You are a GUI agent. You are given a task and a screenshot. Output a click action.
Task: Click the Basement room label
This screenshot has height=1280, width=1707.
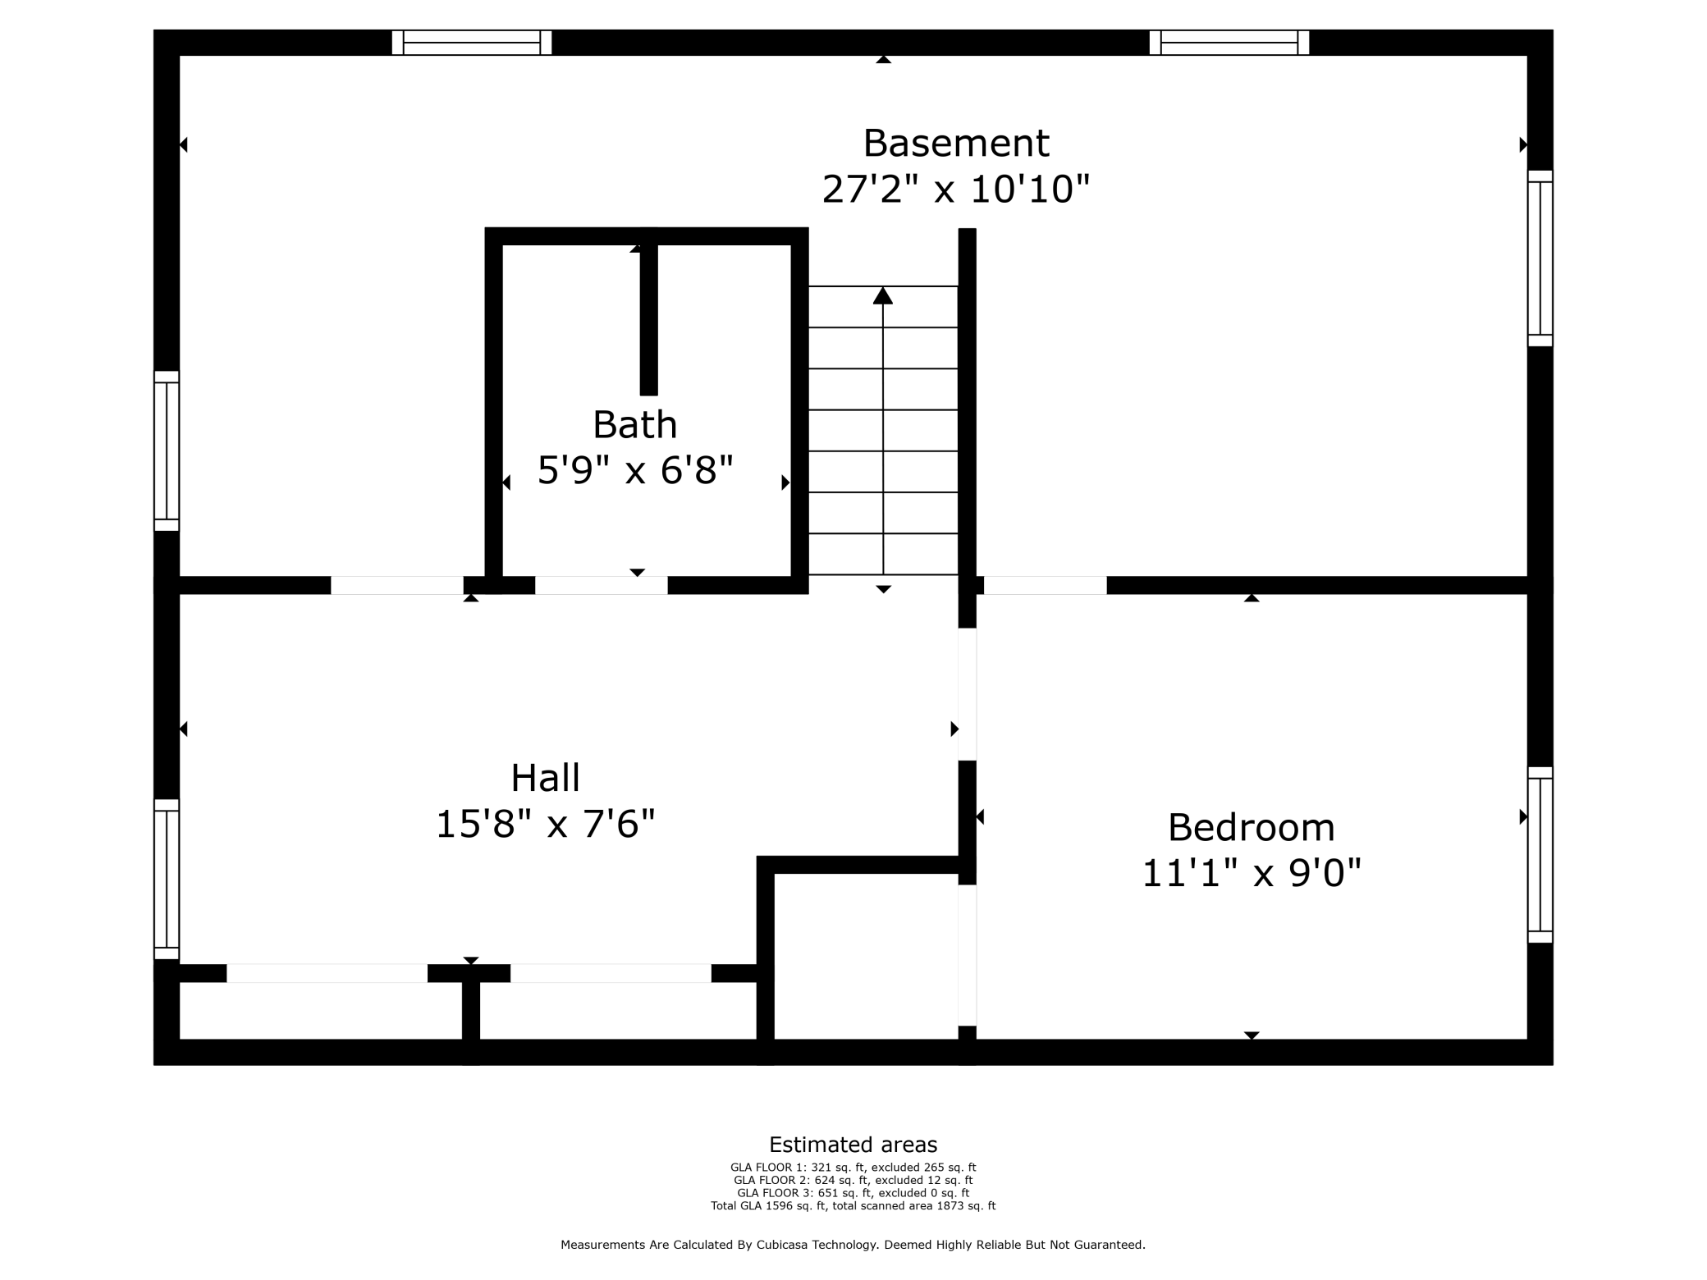coord(956,143)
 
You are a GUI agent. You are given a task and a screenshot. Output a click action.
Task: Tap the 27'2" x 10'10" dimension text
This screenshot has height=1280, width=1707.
coord(956,190)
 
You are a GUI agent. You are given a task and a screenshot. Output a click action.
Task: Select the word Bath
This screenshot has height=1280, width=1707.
coord(635,425)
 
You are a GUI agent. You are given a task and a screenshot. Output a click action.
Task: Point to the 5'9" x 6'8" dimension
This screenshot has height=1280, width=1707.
coord(635,470)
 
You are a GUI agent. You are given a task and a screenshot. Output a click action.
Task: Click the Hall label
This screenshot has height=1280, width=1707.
coord(546,778)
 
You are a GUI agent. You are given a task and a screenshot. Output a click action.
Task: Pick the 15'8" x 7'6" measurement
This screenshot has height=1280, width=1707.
coord(546,825)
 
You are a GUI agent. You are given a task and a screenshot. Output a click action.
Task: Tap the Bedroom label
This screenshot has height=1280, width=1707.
coord(1252,827)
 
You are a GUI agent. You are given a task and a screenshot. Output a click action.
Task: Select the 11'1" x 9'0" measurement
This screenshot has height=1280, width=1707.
coord(1252,873)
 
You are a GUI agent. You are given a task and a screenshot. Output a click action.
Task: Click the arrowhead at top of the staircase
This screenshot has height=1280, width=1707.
coord(883,295)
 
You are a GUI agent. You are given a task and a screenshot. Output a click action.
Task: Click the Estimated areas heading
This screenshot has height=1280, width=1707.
coord(853,1145)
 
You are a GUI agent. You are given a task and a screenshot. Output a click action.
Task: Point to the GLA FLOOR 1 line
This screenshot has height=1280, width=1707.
coord(853,1168)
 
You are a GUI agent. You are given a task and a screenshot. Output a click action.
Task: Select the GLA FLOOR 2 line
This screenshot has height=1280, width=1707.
coord(853,1180)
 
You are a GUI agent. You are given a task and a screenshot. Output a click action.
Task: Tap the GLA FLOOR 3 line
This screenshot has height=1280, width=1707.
coord(853,1193)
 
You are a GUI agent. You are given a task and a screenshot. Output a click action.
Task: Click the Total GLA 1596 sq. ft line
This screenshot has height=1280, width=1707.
coord(853,1206)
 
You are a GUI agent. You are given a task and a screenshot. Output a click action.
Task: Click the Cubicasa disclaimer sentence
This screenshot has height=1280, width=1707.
coord(853,1245)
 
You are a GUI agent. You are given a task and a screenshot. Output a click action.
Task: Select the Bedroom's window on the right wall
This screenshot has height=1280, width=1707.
coord(1540,855)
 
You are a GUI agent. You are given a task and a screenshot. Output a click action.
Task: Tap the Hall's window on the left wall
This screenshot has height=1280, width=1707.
coord(167,880)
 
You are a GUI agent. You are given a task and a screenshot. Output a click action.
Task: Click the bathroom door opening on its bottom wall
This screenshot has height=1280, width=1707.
coord(602,585)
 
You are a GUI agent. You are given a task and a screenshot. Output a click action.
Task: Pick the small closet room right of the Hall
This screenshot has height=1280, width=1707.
coord(866,956)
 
